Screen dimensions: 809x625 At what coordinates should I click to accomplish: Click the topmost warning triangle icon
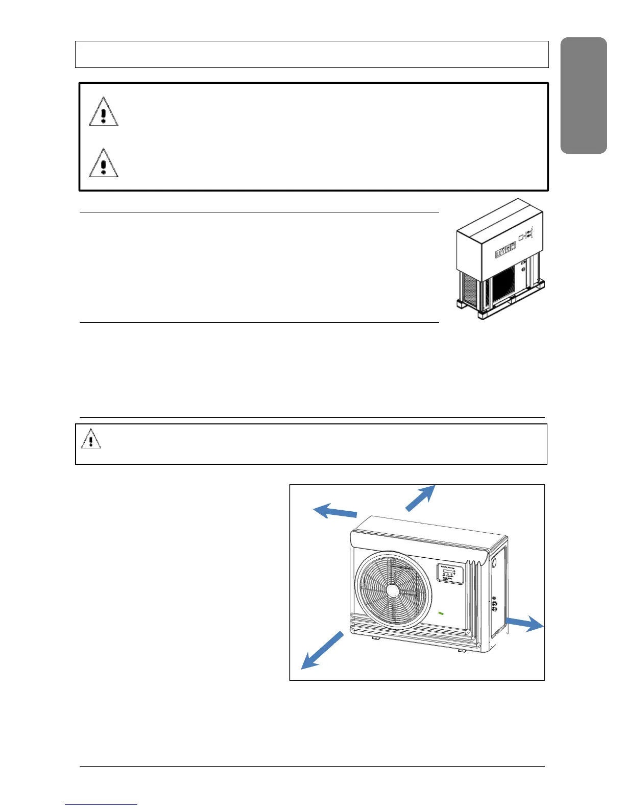(x=104, y=112)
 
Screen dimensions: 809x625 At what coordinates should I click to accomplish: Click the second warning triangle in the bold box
(x=104, y=163)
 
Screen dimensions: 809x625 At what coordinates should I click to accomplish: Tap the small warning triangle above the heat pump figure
(x=91, y=439)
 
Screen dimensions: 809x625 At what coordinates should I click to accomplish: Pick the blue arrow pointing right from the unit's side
(x=524, y=623)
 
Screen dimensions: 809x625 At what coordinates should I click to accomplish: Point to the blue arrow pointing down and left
(x=322, y=650)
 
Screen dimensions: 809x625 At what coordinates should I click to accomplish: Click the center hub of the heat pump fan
(x=393, y=590)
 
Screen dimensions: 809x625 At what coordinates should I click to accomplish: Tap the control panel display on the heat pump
(x=449, y=574)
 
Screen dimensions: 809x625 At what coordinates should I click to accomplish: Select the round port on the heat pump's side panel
(x=494, y=563)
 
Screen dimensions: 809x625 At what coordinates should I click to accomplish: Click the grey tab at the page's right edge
(x=584, y=96)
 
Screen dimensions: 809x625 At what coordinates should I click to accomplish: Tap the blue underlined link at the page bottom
(x=101, y=804)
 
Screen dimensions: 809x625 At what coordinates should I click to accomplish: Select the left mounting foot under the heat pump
(x=375, y=638)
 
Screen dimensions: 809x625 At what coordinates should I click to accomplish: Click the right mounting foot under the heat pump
(x=462, y=650)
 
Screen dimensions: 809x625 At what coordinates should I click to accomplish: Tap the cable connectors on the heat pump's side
(x=495, y=604)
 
